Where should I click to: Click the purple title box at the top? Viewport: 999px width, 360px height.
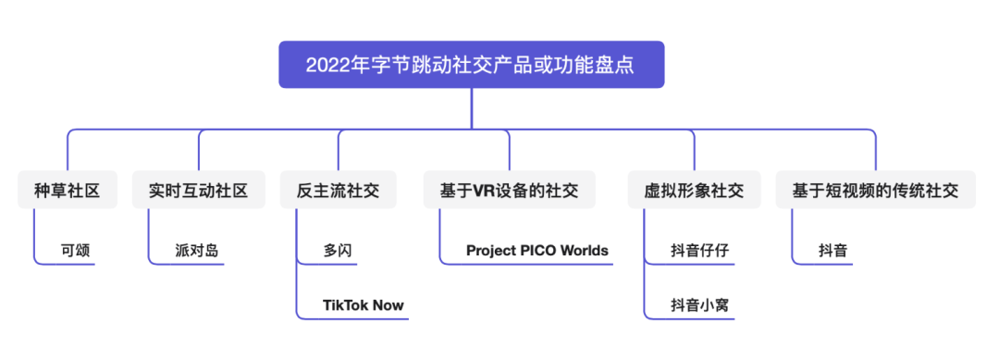[x=472, y=65]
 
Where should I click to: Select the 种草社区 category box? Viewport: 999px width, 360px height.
[x=68, y=190]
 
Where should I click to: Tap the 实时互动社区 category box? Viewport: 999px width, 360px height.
[x=199, y=190]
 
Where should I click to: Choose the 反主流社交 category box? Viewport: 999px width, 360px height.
[x=339, y=190]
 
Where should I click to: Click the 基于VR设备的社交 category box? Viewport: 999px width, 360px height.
[x=509, y=190]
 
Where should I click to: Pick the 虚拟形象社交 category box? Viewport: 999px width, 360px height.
[x=694, y=190]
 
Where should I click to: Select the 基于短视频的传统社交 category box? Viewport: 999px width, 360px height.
[x=875, y=190]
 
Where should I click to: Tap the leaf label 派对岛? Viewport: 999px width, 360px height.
[x=197, y=251]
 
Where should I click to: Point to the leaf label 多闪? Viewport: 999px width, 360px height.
[x=337, y=251]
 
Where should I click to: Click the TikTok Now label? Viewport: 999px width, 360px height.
[x=364, y=305]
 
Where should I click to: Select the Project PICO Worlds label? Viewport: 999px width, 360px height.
[x=537, y=251]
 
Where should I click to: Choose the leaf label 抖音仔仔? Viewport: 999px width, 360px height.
[x=699, y=251]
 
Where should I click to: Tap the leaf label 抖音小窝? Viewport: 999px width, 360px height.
[x=699, y=305]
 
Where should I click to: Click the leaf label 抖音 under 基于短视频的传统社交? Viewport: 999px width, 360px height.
[x=833, y=251]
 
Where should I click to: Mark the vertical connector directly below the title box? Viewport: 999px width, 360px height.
[x=472, y=109]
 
